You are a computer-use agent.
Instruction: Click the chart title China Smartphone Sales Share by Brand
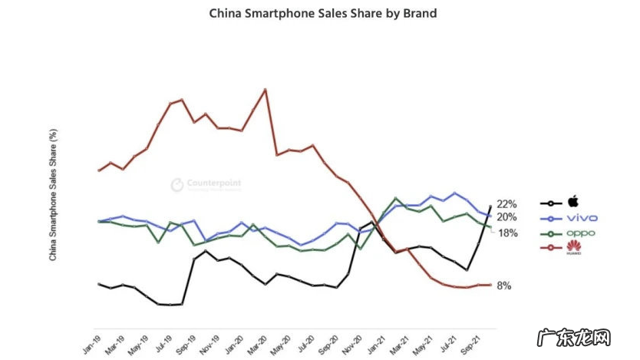click(x=323, y=13)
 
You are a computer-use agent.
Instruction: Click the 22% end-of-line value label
click(x=506, y=204)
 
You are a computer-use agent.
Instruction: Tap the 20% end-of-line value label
click(x=506, y=217)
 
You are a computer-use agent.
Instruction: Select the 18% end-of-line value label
click(x=508, y=233)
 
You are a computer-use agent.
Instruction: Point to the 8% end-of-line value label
click(x=504, y=286)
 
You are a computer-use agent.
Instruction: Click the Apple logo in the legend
click(x=572, y=203)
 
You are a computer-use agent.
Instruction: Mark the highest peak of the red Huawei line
click(x=265, y=89)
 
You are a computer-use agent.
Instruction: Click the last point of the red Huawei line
click(x=490, y=285)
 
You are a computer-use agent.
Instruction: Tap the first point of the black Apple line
click(x=99, y=284)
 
